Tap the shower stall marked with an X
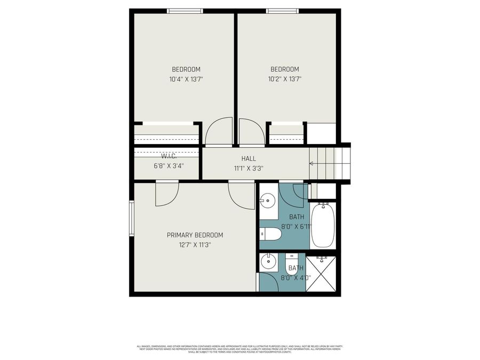(322, 273)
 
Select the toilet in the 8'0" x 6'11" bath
(271, 234)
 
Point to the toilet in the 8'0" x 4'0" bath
(292, 265)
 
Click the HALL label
(249, 158)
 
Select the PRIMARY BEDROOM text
(195, 235)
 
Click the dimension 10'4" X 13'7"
(186, 79)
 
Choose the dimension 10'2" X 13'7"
(284, 79)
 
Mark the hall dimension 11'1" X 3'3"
(249, 168)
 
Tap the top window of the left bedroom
(185, 11)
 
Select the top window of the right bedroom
(282, 11)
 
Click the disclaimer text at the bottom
(240, 348)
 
